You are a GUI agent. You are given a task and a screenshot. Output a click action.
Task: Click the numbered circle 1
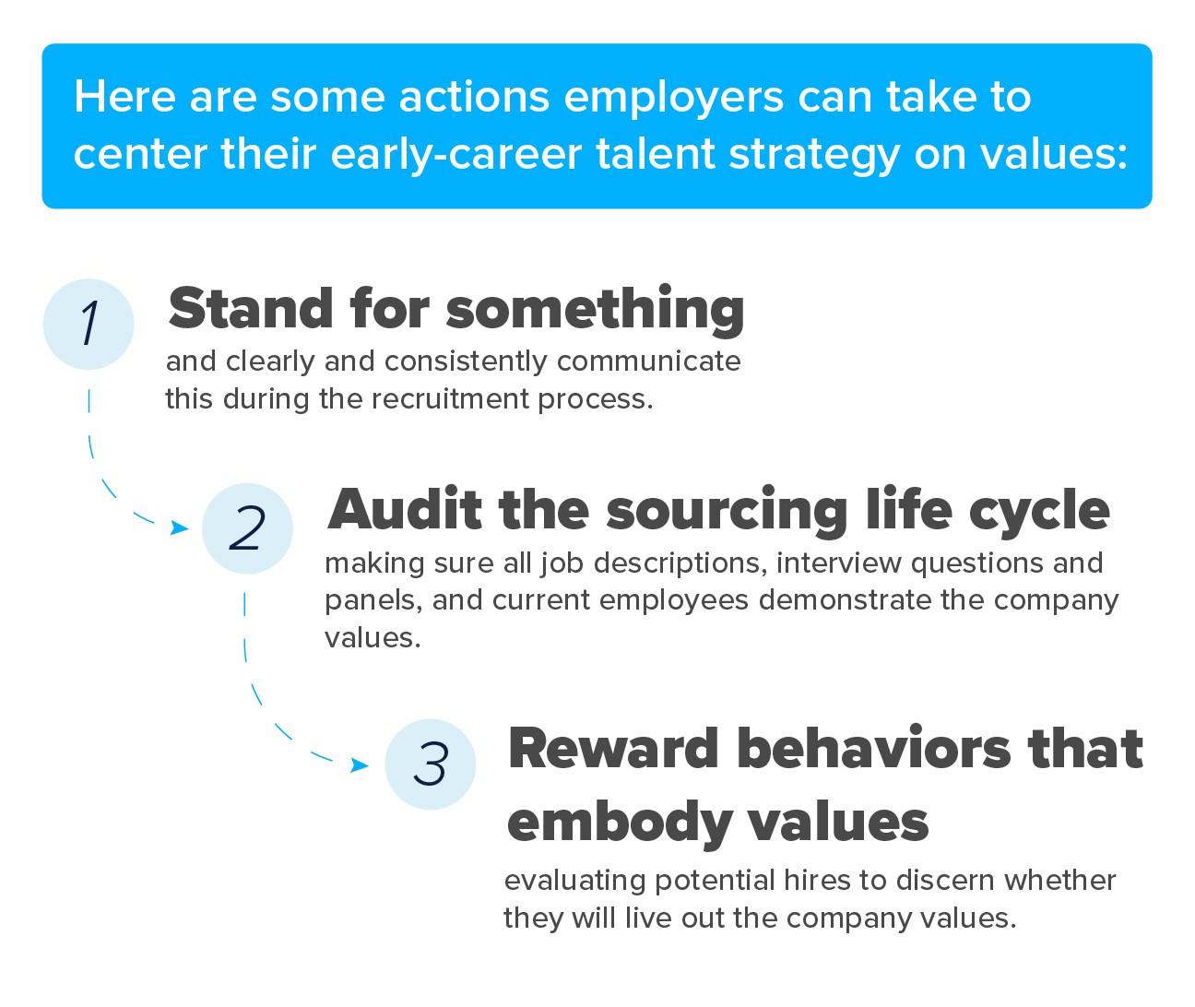pos(89,324)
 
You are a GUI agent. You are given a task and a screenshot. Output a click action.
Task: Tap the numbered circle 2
pos(247,528)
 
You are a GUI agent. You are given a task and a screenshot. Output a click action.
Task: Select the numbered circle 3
pos(431,764)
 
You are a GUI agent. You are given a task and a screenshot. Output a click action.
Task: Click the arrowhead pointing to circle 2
pos(180,527)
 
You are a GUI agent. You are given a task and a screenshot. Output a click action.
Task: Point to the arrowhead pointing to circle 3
pos(360,764)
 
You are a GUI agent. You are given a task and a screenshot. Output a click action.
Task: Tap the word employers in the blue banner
pos(674,99)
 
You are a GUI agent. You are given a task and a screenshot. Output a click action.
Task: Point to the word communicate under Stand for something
pos(648,361)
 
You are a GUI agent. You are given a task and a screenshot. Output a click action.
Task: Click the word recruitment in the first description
pos(449,398)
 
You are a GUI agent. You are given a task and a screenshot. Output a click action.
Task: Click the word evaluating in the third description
pos(574,881)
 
